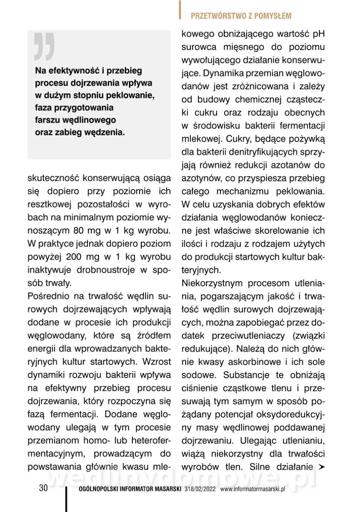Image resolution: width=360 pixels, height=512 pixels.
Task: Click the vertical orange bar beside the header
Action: (x=180, y=10)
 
